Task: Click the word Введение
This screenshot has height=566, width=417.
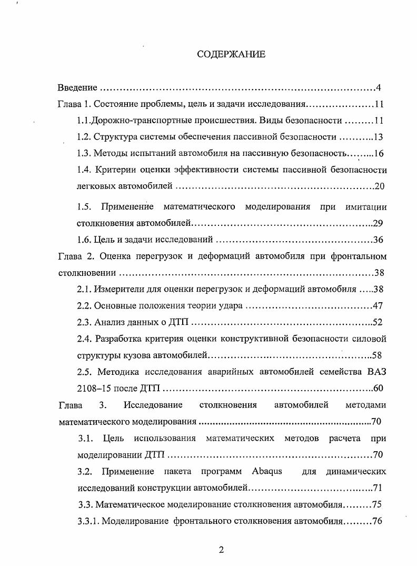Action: point(77,87)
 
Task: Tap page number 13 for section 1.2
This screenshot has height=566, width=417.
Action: point(378,137)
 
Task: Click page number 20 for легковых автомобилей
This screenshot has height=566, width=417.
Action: point(380,187)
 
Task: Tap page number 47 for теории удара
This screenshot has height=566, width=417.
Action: point(377,306)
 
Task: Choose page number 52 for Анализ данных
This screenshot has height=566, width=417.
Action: point(377,323)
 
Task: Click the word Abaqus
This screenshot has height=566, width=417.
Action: point(267,471)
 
